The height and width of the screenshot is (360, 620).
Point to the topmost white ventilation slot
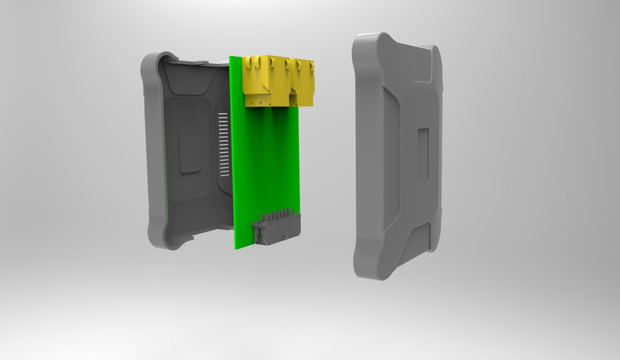pyautogui.click(x=223, y=114)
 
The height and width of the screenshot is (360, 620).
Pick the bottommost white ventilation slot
pyautogui.click(x=224, y=176)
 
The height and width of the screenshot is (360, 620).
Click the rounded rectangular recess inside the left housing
pyautogui.click(x=189, y=149)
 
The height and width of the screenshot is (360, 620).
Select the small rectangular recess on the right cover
pyautogui.click(x=424, y=154)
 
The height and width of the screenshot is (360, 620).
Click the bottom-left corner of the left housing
pyautogui.click(x=158, y=242)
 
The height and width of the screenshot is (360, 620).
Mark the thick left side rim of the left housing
pyautogui.click(x=152, y=149)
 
